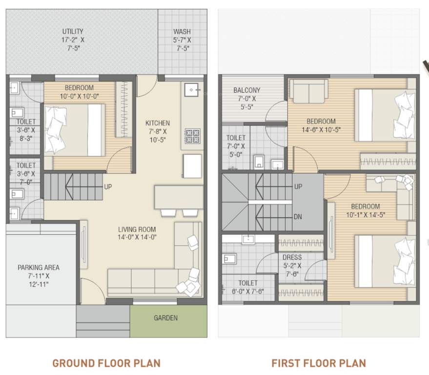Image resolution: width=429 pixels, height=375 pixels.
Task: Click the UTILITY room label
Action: click(72, 31)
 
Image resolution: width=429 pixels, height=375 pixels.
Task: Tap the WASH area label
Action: click(182, 32)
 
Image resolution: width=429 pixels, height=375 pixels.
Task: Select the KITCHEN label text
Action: click(158, 123)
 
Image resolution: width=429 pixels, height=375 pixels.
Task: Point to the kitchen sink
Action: click(192, 89)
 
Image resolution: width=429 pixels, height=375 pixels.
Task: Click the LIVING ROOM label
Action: click(137, 229)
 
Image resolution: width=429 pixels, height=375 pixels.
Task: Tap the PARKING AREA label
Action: click(39, 268)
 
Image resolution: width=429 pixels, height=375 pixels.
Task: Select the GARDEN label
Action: click(165, 318)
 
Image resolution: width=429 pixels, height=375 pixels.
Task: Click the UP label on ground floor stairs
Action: click(109, 187)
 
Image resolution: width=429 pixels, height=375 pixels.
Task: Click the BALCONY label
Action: click(246, 90)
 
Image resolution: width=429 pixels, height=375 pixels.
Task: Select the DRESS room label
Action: click(292, 257)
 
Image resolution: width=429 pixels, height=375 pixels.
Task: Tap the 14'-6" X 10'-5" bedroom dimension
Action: click(321, 130)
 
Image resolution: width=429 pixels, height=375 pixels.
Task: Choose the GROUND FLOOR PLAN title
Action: click(106, 363)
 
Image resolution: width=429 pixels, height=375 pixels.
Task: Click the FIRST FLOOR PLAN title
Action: click(318, 363)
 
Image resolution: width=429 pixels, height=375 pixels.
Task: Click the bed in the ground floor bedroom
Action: click(74, 130)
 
